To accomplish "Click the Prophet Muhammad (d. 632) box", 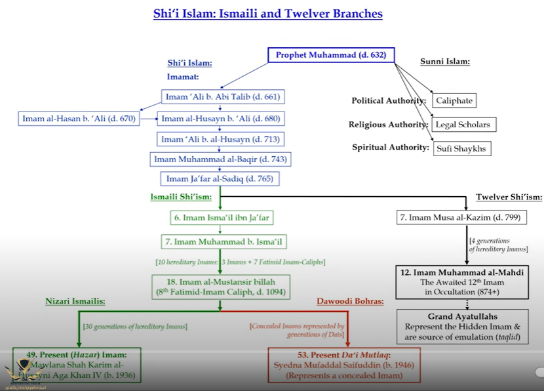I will [x=331, y=55].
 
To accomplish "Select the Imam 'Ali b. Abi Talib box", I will [x=223, y=97].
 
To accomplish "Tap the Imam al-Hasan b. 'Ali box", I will [x=79, y=119].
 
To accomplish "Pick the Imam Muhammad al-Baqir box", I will [x=220, y=159].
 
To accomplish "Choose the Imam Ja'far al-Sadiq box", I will [x=220, y=178].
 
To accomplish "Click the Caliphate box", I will [x=454, y=101].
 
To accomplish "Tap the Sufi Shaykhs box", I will [x=461, y=148].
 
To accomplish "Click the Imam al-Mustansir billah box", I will [x=220, y=285].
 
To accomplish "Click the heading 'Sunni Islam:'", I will [x=445, y=62].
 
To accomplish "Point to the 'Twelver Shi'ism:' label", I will [x=509, y=197].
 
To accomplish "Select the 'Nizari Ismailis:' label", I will [x=75, y=301].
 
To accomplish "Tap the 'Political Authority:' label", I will [x=389, y=101].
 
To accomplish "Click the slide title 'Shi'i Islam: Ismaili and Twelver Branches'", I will [x=267, y=14].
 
